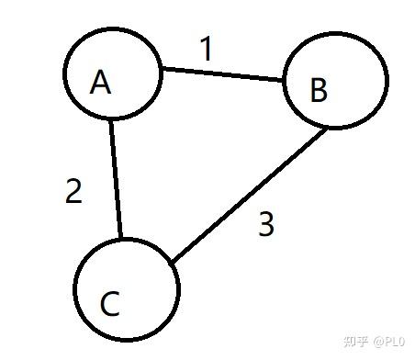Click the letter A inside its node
click(100, 82)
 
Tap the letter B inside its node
click(319, 90)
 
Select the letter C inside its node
click(110, 304)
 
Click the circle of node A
click(63, 73)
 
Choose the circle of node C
click(73, 289)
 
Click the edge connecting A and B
click(222, 74)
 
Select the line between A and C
click(116, 179)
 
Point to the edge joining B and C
click(249, 196)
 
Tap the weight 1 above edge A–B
click(207, 49)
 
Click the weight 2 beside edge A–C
click(73, 191)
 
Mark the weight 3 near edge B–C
click(266, 224)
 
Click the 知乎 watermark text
click(355, 342)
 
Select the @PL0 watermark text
click(389, 342)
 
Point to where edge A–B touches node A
click(163, 69)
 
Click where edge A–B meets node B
click(283, 81)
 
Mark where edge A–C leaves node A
click(111, 120)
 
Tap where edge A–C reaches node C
click(121, 238)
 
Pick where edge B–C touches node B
click(326, 129)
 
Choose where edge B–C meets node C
click(173, 262)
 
